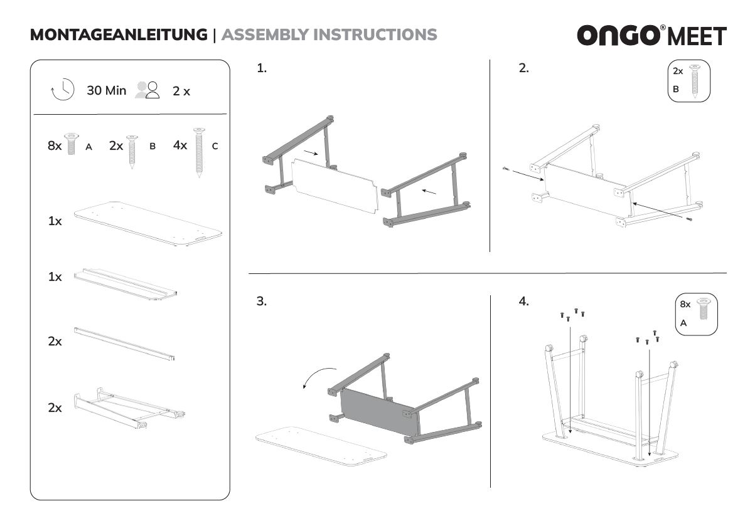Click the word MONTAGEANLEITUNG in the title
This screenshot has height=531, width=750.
[x=118, y=34]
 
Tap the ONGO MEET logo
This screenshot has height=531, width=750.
[x=651, y=36]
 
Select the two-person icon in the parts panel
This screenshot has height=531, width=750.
[x=149, y=90]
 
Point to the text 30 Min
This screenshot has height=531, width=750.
[x=106, y=90]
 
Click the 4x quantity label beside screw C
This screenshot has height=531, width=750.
[x=180, y=145]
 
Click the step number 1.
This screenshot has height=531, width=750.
[x=262, y=69]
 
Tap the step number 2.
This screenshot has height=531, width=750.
[x=523, y=69]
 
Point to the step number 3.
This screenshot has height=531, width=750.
[x=262, y=301]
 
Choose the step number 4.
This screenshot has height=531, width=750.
[x=523, y=302]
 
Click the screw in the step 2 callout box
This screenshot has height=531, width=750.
[x=694, y=80]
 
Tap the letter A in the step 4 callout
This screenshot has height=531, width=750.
[x=683, y=323]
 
